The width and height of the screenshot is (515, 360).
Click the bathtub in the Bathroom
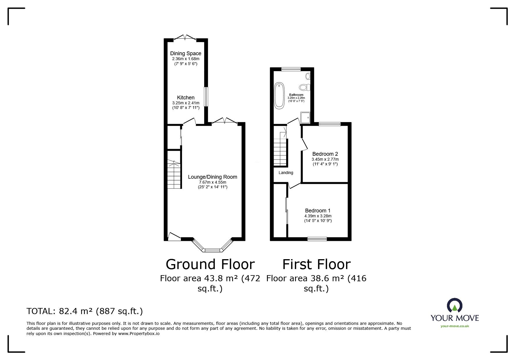coord(279,96)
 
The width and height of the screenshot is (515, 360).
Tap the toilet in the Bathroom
coord(304,87)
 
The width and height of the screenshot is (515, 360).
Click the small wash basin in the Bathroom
coord(308,76)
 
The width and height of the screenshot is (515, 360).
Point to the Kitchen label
coord(186,98)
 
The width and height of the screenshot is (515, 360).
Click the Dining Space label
coord(186,53)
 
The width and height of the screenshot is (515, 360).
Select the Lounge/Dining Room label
coord(212,177)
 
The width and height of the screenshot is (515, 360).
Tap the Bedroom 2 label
coord(325,154)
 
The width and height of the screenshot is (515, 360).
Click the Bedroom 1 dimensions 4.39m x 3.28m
coord(318,216)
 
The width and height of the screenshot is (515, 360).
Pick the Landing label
coord(286,173)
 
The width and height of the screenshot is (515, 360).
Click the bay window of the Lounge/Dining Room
coord(213,249)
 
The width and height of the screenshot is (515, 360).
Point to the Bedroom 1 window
coord(317,239)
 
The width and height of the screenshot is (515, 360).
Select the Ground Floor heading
coord(210,264)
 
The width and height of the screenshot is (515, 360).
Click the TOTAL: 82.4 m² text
coord(85,311)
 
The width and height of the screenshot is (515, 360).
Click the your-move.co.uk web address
coord(455,326)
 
